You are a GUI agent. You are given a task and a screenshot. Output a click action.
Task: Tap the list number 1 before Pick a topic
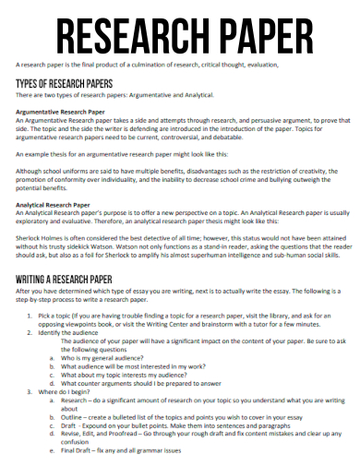[32, 316]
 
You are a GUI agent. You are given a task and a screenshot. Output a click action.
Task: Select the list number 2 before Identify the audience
[32, 332]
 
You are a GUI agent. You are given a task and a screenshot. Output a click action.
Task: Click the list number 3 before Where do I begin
[32, 392]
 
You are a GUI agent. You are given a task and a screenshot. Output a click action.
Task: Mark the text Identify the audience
[73, 332]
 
